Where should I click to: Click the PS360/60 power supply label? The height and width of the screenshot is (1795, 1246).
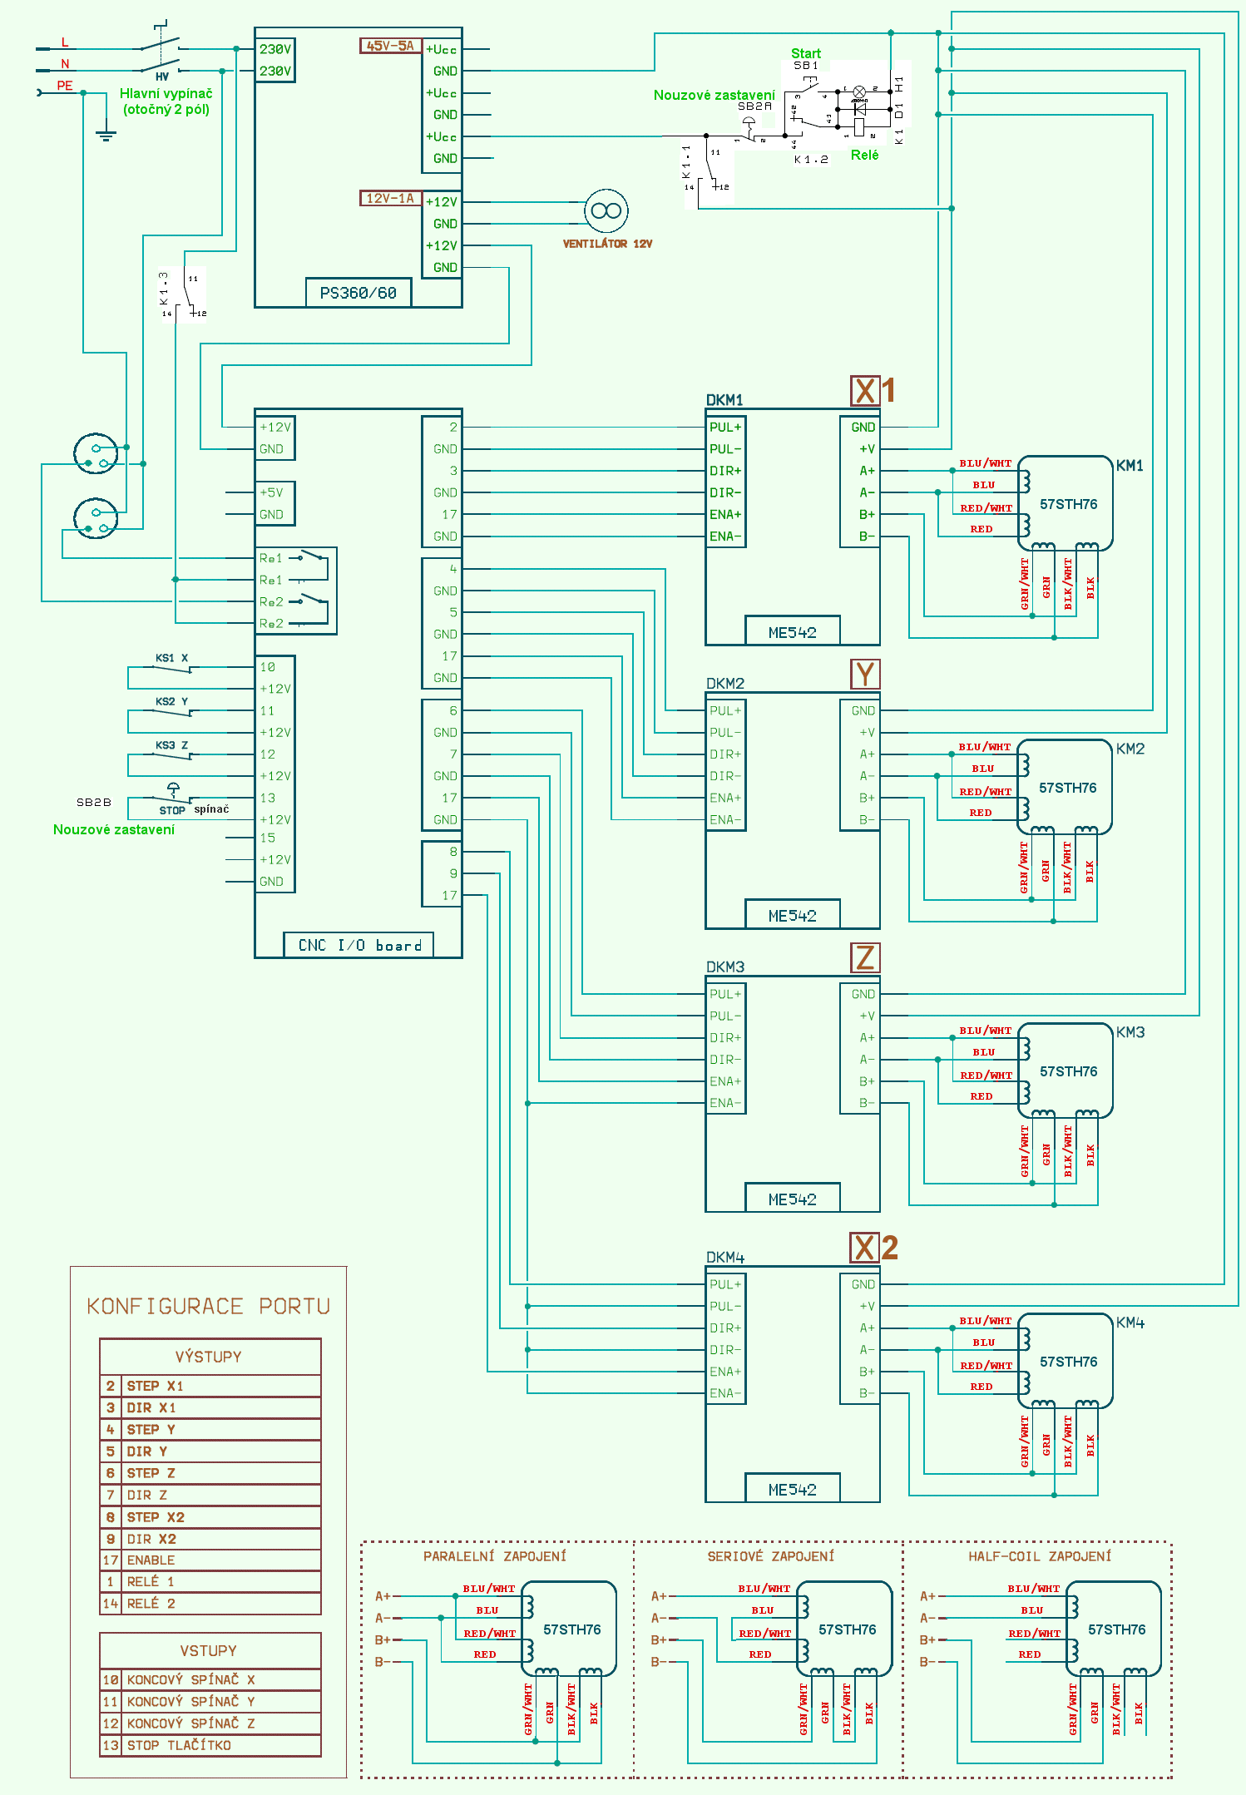pos(358,293)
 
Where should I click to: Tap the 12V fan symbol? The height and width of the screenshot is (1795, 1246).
pos(606,211)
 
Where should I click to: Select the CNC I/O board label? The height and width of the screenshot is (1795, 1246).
pos(359,945)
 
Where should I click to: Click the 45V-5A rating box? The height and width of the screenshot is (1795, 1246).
pos(390,46)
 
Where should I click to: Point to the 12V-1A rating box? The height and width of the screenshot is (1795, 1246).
pos(390,199)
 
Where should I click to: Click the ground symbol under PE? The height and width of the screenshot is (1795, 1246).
pos(106,133)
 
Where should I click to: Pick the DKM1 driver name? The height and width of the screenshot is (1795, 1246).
pos(724,400)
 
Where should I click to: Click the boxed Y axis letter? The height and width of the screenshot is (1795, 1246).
pos(865,674)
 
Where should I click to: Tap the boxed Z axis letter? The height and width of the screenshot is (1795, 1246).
pos(865,957)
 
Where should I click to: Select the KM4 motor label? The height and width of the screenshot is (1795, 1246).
pos(1130,1323)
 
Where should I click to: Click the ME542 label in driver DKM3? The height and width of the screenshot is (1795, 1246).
pos(792,1199)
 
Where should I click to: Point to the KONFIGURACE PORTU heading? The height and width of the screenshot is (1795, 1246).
pos(208,1307)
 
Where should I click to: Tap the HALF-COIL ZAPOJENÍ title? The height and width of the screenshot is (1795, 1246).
pos(1040,1556)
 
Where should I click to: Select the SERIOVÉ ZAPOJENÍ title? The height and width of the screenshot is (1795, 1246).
pos(770,1556)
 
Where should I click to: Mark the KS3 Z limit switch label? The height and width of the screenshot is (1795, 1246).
pos(171,745)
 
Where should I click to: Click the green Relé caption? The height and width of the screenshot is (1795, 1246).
pos(864,155)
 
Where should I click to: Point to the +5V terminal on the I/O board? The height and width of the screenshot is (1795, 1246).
pos(271,492)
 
